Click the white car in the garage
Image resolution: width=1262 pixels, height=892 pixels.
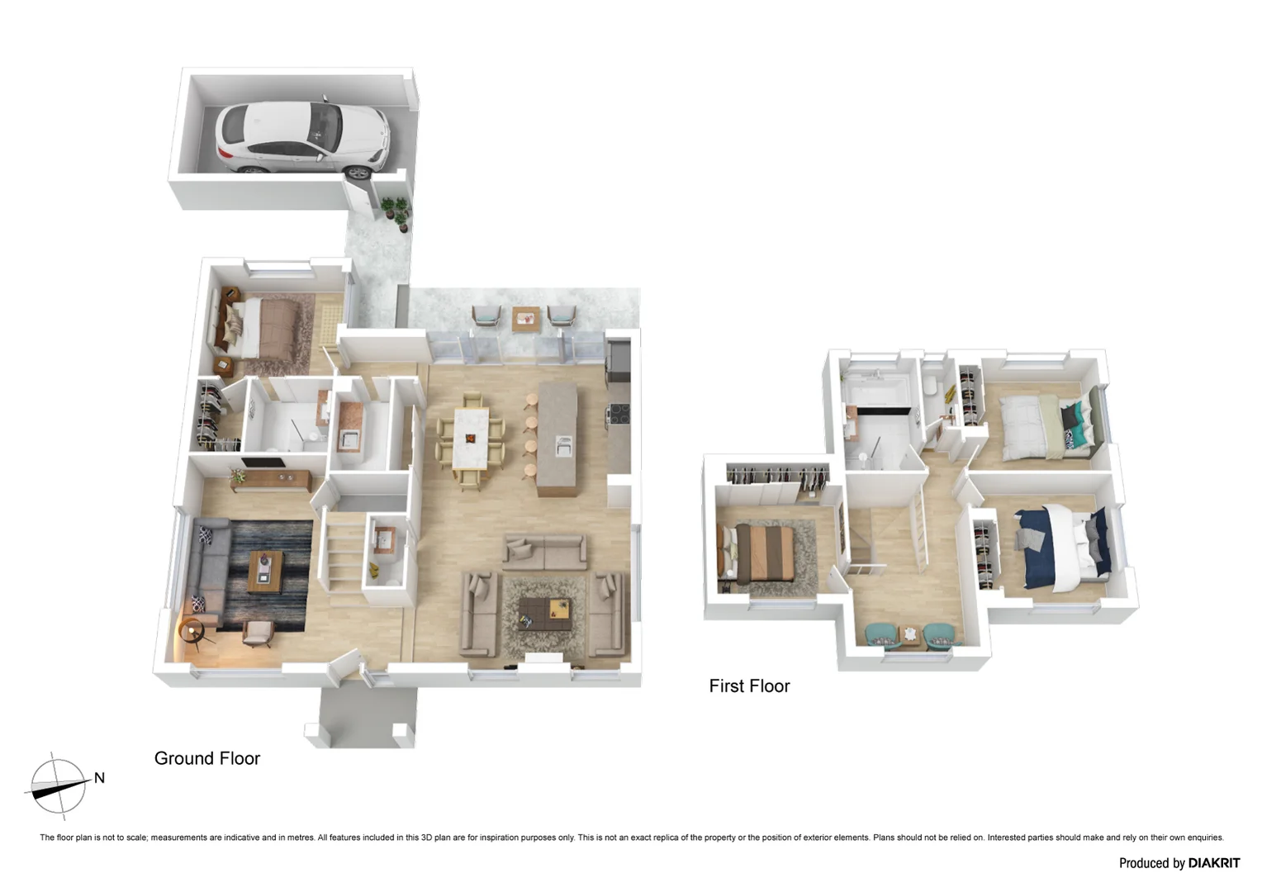tap(301, 136)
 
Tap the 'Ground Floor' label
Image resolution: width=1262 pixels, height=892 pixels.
tap(206, 758)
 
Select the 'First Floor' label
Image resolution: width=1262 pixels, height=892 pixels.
tap(749, 686)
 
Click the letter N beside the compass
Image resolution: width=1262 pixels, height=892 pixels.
tap(99, 778)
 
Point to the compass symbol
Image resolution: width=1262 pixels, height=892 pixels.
tap(58, 785)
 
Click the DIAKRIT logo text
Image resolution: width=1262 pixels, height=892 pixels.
tap(1213, 863)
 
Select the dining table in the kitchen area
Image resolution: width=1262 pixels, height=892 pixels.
tap(470, 438)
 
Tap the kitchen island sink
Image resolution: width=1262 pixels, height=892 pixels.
tap(563, 446)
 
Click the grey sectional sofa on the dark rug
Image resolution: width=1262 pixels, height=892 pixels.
tap(206, 570)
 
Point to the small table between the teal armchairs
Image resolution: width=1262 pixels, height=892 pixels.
tap(909, 634)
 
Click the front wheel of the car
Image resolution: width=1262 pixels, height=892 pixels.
tap(358, 172)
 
